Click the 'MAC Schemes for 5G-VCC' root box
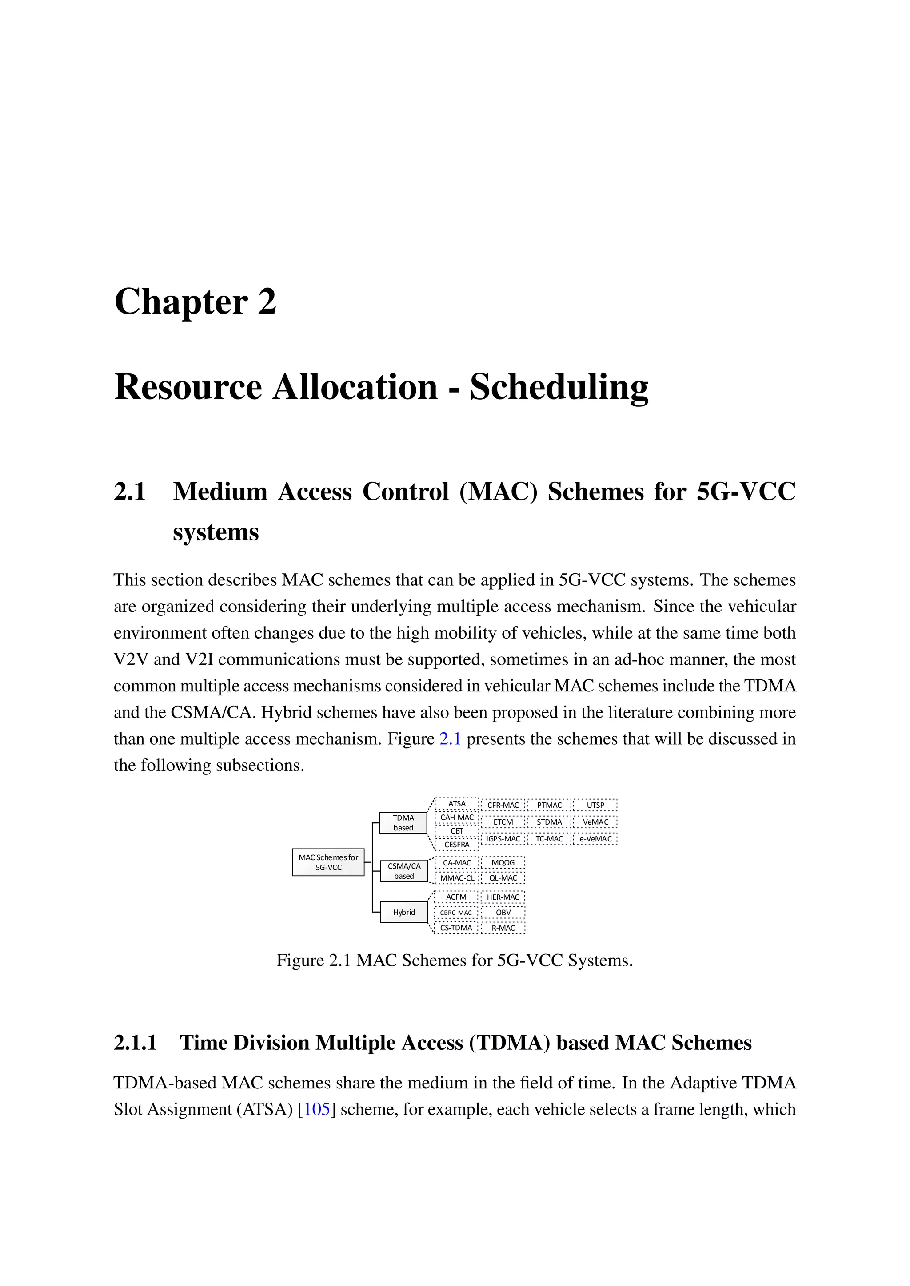click(x=328, y=862)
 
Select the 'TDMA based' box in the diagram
click(x=403, y=822)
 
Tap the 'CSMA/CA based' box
click(x=403, y=871)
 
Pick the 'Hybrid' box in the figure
click(x=403, y=912)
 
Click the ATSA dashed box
click(x=457, y=804)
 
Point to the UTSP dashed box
click(x=595, y=805)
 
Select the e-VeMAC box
click(x=595, y=838)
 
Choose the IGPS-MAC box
click(x=503, y=838)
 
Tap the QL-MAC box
click(x=503, y=877)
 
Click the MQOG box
click(x=503, y=862)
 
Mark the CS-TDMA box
click(x=456, y=928)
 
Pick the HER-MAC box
click(x=503, y=897)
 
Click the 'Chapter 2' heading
click(x=195, y=302)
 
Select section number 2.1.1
click(x=135, y=1042)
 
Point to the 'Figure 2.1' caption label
click(x=313, y=960)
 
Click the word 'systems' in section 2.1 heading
click(x=216, y=532)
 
